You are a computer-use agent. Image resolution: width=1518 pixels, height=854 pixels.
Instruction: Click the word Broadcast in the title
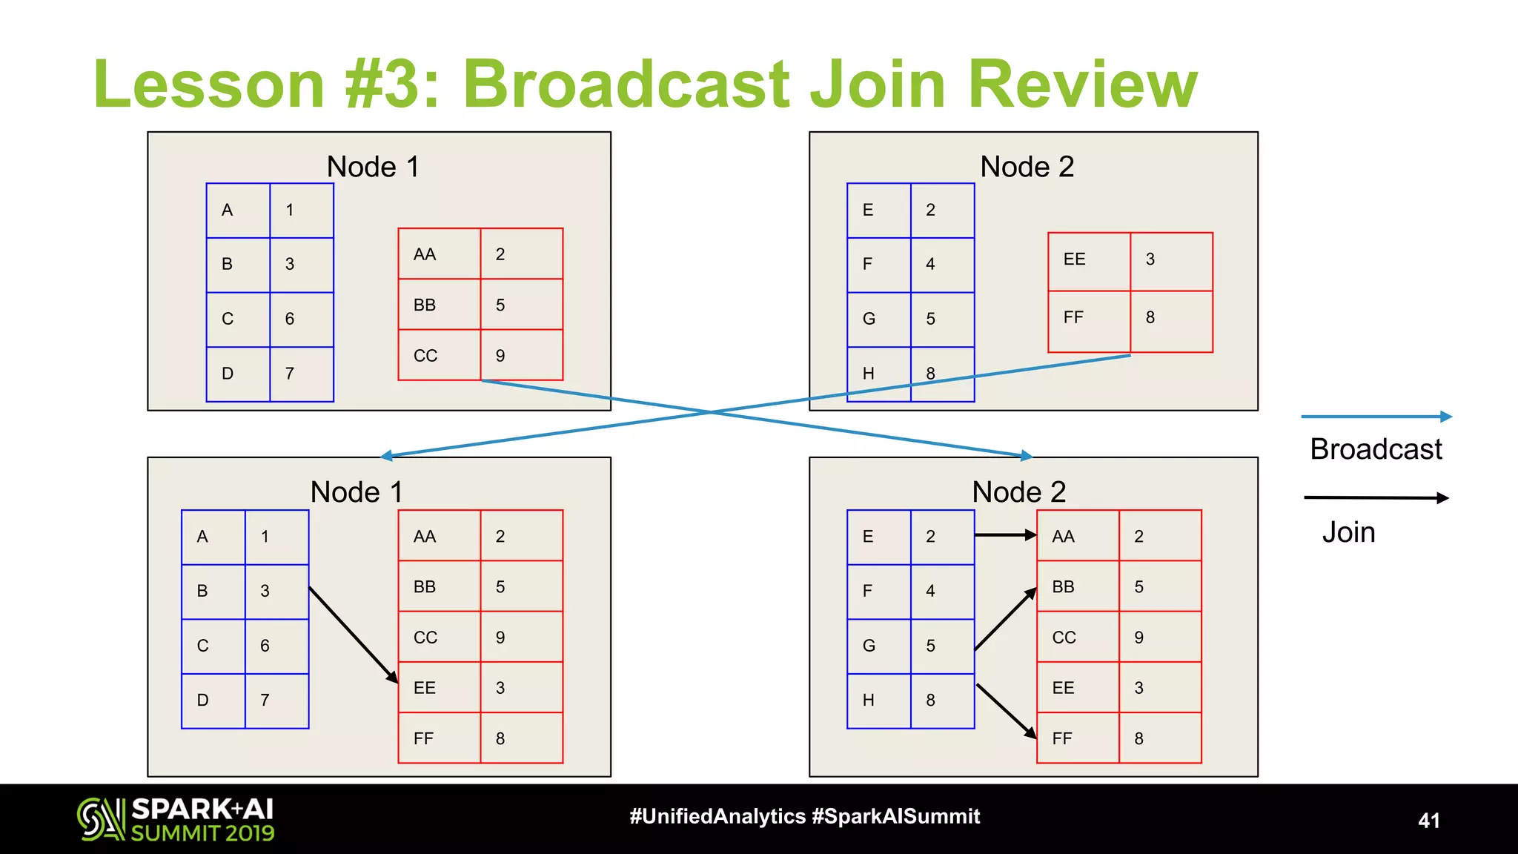click(627, 84)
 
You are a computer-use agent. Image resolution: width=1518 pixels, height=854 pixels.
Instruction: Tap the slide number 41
click(1428, 821)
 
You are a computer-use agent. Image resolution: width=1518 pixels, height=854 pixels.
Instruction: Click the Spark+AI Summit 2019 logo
click(176, 819)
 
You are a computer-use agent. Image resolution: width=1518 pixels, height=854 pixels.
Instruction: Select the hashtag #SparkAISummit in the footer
click(895, 816)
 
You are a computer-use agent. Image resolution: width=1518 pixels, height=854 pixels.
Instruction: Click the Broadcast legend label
click(1375, 449)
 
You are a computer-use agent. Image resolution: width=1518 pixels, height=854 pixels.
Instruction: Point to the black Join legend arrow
click(1375, 497)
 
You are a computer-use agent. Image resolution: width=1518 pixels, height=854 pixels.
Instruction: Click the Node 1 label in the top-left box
click(373, 167)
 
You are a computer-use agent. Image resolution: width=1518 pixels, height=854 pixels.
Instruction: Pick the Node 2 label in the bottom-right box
click(1018, 492)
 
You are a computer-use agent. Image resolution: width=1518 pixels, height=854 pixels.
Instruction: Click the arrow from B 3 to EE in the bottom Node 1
click(353, 634)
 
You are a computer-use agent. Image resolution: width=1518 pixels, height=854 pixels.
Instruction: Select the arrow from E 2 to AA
click(1004, 534)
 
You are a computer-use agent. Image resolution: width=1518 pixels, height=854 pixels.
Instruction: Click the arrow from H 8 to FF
click(1006, 710)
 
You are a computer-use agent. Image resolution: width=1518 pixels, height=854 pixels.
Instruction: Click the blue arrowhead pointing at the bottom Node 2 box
click(1026, 455)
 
